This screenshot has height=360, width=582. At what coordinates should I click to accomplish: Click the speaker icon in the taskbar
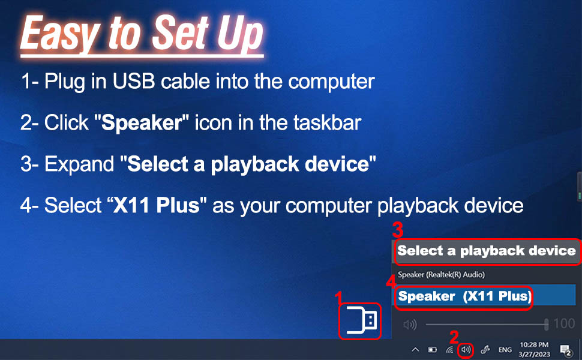point(465,349)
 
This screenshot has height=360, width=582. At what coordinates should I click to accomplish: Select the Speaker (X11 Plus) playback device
point(464,296)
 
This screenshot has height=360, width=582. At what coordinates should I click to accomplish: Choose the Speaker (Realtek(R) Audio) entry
point(441,274)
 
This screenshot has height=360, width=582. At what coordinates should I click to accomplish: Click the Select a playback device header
point(486,251)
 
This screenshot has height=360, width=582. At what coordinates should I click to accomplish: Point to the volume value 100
point(563,325)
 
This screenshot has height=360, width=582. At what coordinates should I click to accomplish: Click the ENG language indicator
point(505,349)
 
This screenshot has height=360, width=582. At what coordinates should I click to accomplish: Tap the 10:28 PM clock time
point(534,345)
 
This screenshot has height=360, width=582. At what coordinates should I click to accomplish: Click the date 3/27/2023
point(534,354)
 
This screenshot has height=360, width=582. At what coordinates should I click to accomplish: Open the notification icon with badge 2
point(565,349)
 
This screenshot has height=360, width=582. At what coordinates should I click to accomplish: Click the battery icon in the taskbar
point(432,349)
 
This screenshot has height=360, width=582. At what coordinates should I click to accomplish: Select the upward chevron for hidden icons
point(415,349)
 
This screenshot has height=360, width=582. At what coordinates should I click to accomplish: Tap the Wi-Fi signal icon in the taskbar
point(449,349)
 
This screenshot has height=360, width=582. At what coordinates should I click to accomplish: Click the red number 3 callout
point(397,230)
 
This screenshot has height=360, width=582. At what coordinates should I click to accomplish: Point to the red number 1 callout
point(338,296)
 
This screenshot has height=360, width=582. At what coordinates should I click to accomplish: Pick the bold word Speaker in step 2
point(142,123)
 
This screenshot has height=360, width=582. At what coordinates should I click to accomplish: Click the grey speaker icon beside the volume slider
point(410,325)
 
